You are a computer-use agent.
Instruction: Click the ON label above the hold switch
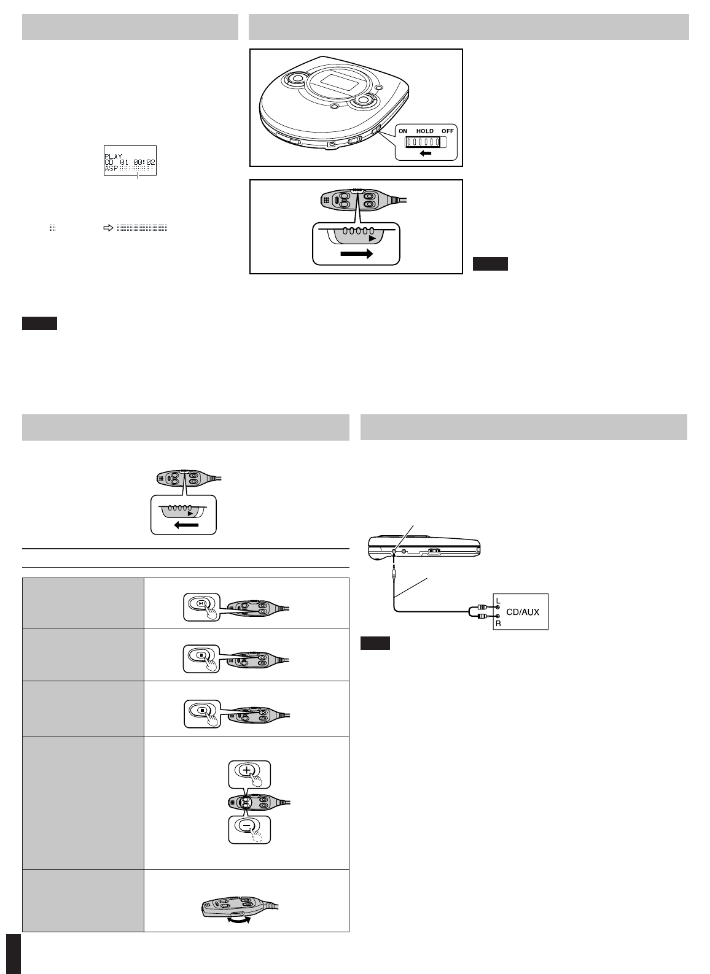tap(404, 131)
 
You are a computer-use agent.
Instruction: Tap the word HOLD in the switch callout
tap(425, 131)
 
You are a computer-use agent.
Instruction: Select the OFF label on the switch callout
tap(447, 131)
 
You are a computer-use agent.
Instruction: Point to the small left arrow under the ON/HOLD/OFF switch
tap(425, 153)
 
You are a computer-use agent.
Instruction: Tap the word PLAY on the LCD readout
tap(114, 156)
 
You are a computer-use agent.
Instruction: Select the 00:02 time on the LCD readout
tap(144, 162)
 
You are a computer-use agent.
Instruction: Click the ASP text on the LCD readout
tap(111, 168)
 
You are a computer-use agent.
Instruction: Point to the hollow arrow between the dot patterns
tap(108, 228)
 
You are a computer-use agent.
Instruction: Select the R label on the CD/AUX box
tap(498, 623)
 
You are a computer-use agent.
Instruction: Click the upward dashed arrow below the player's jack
tap(393, 570)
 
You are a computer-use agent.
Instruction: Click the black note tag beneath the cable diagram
tap(375, 643)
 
